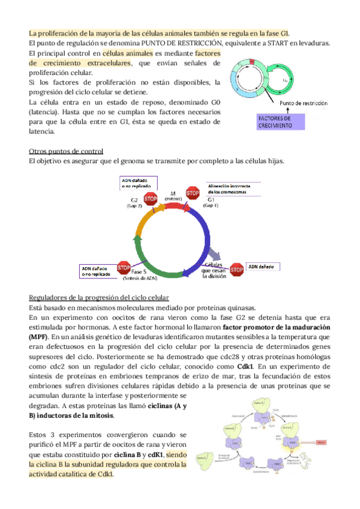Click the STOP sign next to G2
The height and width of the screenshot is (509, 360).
click(151, 199)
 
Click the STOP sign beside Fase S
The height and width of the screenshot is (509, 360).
click(124, 268)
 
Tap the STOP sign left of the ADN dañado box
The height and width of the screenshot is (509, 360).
click(236, 270)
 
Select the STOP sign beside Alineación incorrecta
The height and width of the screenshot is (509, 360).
click(193, 193)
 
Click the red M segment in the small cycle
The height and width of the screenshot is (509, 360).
click(252, 62)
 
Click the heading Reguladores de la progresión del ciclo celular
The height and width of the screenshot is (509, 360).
click(99, 298)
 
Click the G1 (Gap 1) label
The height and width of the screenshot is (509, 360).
click(211, 202)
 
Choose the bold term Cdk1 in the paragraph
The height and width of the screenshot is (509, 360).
click(245, 366)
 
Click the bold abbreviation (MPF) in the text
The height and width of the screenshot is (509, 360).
click(39, 337)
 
